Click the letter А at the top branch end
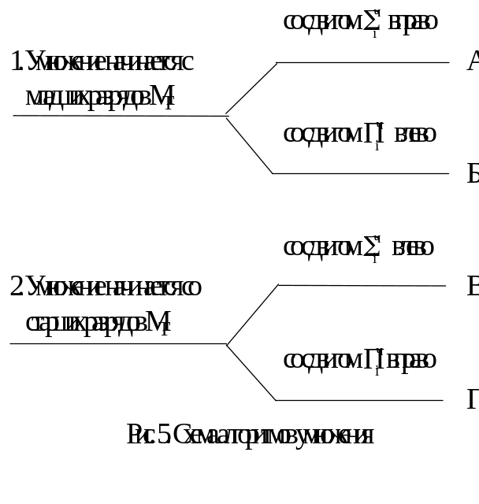pyautogui.click(x=473, y=61)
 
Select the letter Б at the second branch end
pyautogui.click(x=473, y=174)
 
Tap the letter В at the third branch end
pyautogui.click(x=473, y=287)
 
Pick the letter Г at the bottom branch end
pyautogui.click(x=473, y=400)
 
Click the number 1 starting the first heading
pyautogui.click(x=17, y=61)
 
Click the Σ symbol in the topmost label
pyautogui.click(x=372, y=22)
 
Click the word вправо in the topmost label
pyautogui.click(x=413, y=22)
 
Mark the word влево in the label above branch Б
pyautogui.click(x=414, y=135)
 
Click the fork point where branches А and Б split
pyautogui.click(x=227, y=117)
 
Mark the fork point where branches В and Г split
pyautogui.click(x=228, y=344)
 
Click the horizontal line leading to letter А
pyautogui.click(x=362, y=62)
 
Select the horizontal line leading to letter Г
pyautogui.click(x=358, y=400)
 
